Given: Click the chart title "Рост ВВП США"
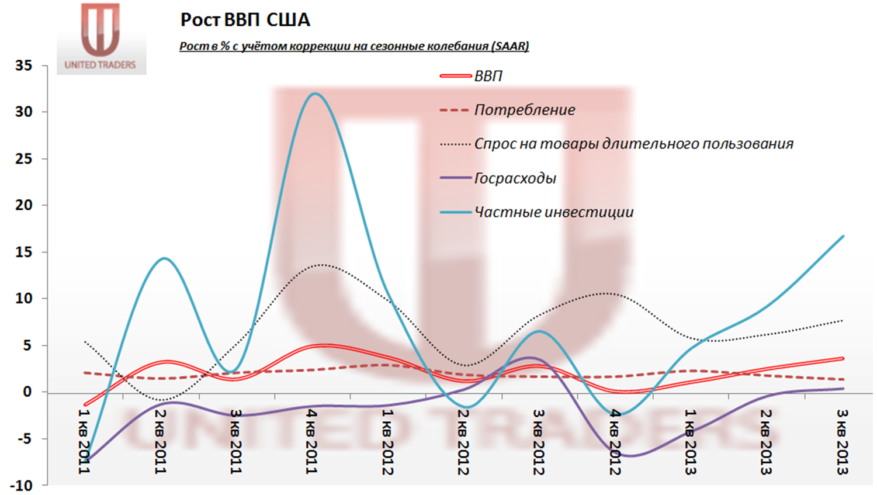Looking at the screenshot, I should [x=245, y=20].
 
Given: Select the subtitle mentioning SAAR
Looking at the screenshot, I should [x=353, y=46].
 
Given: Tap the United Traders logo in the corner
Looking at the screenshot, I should [x=100, y=38].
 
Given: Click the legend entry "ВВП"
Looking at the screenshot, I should [x=488, y=76].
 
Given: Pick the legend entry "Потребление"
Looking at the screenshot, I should [x=524, y=110].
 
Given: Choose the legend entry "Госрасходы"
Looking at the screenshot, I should [x=515, y=178].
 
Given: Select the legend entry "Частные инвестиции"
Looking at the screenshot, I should [x=553, y=212].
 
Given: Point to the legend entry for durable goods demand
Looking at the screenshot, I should [x=633, y=144].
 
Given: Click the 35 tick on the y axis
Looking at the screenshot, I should [x=24, y=65].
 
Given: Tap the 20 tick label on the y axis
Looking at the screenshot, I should [x=24, y=205].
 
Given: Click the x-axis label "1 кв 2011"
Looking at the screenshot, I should [x=84, y=441].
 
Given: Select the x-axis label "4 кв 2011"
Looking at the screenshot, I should [x=311, y=441].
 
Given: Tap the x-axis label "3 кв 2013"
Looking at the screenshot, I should [x=842, y=441].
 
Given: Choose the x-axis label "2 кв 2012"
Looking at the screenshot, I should [x=463, y=441].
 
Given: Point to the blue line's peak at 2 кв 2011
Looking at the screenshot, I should [x=165, y=258].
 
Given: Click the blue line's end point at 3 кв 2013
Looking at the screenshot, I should [x=843, y=237].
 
